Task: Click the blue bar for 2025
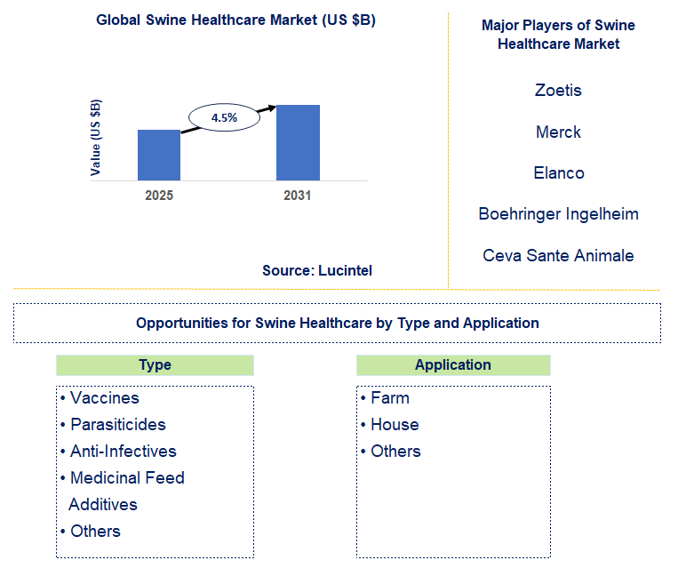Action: [x=159, y=156]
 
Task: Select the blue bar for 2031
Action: [x=298, y=143]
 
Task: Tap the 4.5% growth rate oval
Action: [x=224, y=117]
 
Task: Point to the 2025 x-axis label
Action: [x=159, y=196]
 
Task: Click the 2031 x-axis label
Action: [x=298, y=196]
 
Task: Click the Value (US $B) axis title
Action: [x=96, y=138]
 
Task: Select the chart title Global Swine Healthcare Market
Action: [x=235, y=20]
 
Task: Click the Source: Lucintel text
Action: [x=317, y=270]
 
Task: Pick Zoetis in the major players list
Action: [x=558, y=90]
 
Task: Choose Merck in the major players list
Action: [x=558, y=132]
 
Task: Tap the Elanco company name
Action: [x=558, y=172]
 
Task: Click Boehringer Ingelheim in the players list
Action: [x=558, y=214]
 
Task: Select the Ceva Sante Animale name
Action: [x=558, y=255]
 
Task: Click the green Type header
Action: [x=155, y=365]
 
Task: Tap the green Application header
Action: [x=453, y=365]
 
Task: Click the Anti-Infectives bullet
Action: [x=123, y=452]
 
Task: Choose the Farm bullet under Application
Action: [x=389, y=398]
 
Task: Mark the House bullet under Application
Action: [x=394, y=425]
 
